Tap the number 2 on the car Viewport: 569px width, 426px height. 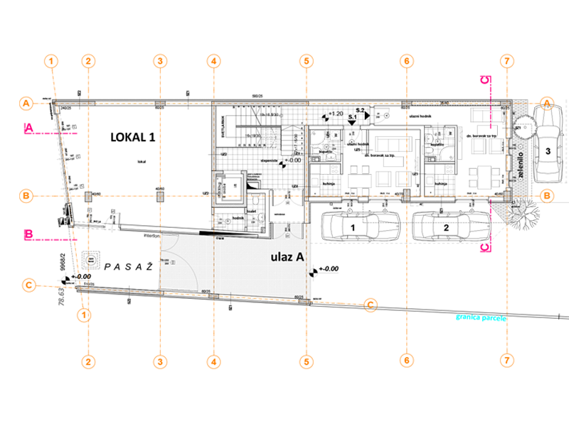pyautogui.click(x=446, y=227)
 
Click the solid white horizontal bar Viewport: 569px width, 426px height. pyautogui.click(x=228, y=210)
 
